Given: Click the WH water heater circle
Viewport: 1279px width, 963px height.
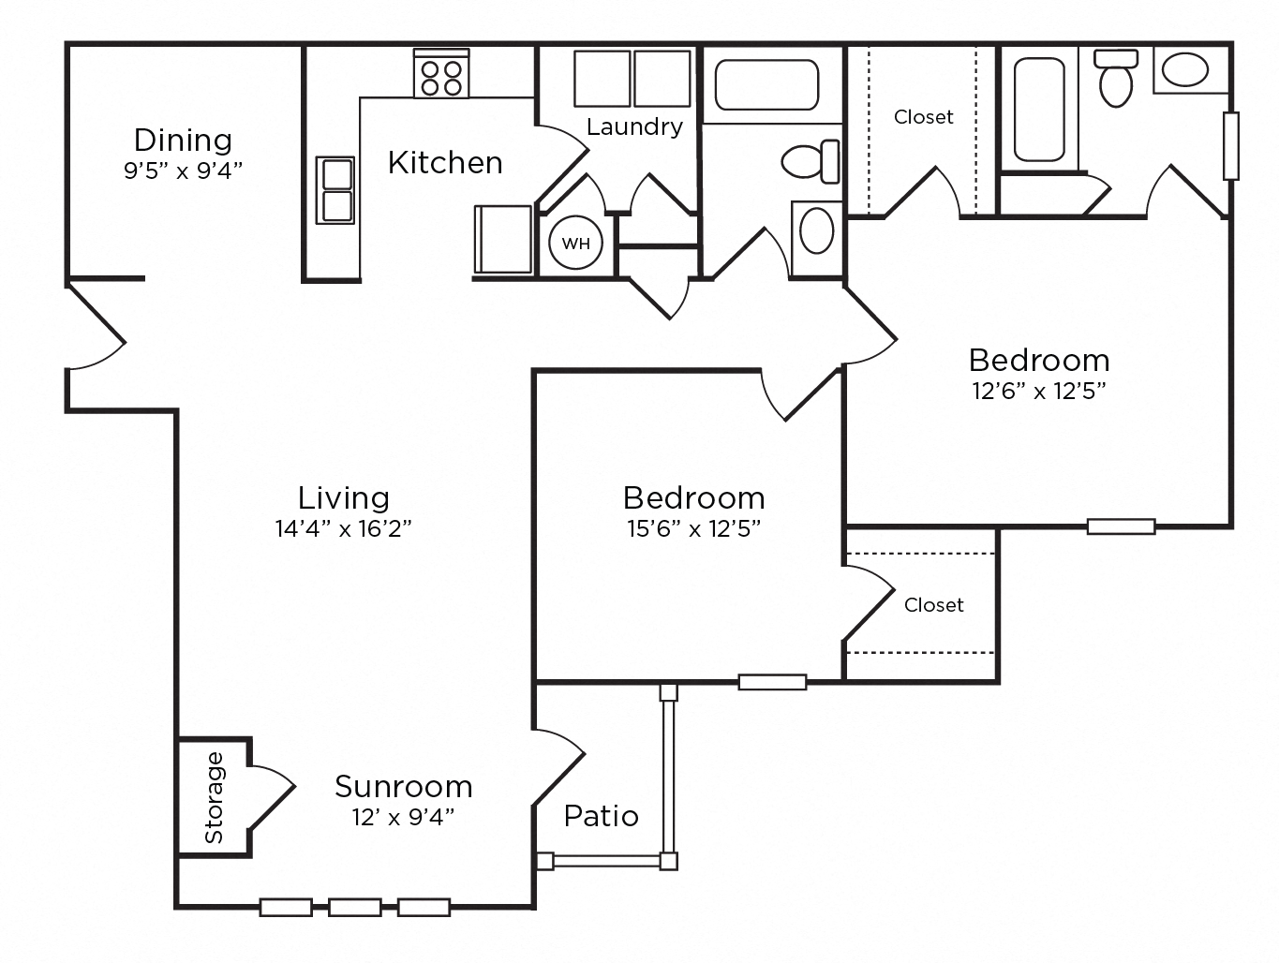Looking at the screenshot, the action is point(575,243).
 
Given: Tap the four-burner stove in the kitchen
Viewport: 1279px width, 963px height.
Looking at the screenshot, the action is point(441,73).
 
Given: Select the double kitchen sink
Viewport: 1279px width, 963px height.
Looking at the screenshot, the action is point(335,190).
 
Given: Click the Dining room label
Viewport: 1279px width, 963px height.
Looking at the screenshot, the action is point(183,141).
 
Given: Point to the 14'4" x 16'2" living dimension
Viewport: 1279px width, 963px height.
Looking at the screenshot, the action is point(344,528).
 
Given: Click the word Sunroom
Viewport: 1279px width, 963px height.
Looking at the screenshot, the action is point(403,787).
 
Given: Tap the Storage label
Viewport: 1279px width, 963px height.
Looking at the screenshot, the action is point(215,797).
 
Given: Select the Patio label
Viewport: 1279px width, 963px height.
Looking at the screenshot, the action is point(601,816).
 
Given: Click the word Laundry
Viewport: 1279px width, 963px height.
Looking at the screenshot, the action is point(634,126).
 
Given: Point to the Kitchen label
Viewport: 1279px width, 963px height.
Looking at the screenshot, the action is point(445,163).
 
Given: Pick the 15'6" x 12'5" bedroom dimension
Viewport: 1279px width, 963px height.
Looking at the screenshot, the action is point(694,528).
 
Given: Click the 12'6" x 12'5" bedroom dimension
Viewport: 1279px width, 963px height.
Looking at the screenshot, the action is point(1039,391).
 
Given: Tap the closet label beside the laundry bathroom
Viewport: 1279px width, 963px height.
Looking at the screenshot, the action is point(924,117).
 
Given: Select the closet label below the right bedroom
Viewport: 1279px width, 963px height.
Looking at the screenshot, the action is point(934,605).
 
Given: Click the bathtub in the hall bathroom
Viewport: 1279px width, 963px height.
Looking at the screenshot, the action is point(766,85).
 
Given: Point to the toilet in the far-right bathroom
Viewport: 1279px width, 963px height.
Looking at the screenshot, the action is point(1116,79).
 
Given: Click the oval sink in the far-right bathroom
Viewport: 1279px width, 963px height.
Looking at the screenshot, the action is point(1185,70).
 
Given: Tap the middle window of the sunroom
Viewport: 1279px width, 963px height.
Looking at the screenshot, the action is point(355,907).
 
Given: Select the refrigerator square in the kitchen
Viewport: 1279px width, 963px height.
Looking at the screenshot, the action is point(503,239).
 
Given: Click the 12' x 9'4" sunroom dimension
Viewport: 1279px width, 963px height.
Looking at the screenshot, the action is point(403,817).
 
